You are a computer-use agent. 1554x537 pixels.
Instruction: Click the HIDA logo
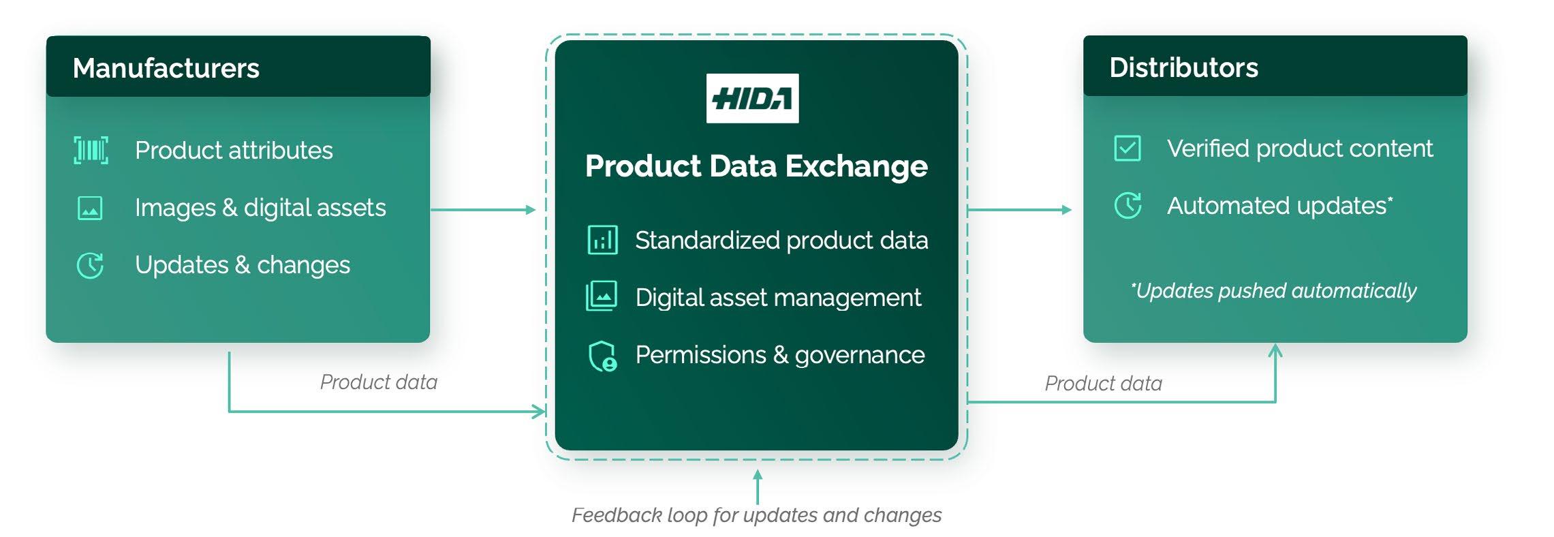coord(752,98)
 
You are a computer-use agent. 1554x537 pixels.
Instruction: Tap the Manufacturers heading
coord(166,68)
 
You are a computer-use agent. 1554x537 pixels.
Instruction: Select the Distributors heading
coord(1183,67)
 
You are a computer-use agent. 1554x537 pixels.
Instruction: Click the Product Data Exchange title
coord(756,166)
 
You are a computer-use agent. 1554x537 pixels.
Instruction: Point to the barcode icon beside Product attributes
coord(91,150)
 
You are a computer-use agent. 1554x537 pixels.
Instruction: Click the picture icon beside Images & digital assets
coord(91,208)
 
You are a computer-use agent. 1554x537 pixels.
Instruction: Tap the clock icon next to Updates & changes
coord(90,265)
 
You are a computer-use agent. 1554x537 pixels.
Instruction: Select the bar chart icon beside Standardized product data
coord(603,241)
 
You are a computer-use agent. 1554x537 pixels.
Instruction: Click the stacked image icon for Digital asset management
coord(602,296)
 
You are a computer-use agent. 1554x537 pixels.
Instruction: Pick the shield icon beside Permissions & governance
coord(602,356)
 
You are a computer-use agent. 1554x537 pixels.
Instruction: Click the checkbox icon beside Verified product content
coord(1128,148)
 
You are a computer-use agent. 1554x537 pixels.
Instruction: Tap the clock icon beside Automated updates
coord(1128,205)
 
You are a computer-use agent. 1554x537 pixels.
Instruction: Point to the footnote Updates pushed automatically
coord(1273,291)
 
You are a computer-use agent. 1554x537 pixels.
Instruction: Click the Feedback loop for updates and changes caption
coord(756,515)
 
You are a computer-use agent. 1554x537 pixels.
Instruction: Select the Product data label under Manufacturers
coord(379,382)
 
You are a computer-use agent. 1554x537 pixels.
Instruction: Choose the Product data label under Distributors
coord(1104,383)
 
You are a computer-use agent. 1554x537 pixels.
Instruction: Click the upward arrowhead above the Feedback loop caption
coord(757,474)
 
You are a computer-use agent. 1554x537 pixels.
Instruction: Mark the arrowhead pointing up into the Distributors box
coord(1275,350)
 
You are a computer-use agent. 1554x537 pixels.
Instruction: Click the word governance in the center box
coord(860,356)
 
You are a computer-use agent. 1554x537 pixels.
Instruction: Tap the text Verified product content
coord(1300,149)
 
